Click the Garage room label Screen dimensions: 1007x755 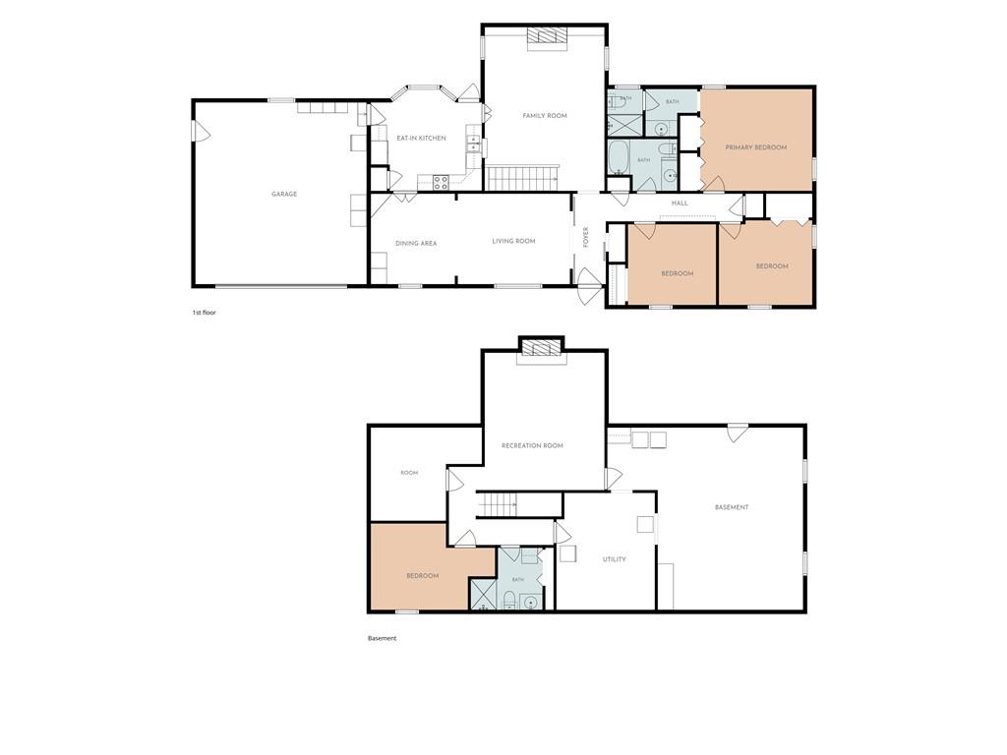pyautogui.click(x=284, y=194)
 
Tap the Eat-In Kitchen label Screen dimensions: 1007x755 pyautogui.click(x=421, y=138)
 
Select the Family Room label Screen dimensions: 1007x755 pyautogui.click(x=545, y=116)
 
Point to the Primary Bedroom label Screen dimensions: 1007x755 pyautogui.click(x=756, y=147)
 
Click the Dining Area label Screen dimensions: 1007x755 pyautogui.click(x=416, y=244)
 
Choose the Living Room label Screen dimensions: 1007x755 pyautogui.click(x=513, y=242)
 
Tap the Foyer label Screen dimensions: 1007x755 pyautogui.click(x=585, y=238)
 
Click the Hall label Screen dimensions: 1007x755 pyautogui.click(x=680, y=203)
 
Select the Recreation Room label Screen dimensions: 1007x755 pyautogui.click(x=532, y=445)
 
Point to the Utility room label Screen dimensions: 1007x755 pyautogui.click(x=614, y=559)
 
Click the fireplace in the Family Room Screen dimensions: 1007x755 pyautogui.click(x=548, y=37)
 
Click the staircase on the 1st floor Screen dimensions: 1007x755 pyautogui.click(x=522, y=177)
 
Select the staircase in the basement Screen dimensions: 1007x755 pyautogui.click(x=497, y=504)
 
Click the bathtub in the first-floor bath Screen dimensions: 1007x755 pyautogui.click(x=620, y=157)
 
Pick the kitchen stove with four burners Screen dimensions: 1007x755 pyautogui.click(x=441, y=182)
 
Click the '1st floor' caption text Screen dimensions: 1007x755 pyautogui.click(x=205, y=313)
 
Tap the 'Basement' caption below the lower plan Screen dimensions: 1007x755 pyautogui.click(x=383, y=638)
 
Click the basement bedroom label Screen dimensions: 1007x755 pyautogui.click(x=423, y=576)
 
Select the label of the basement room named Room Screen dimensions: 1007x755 pyautogui.click(x=409, y=473)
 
